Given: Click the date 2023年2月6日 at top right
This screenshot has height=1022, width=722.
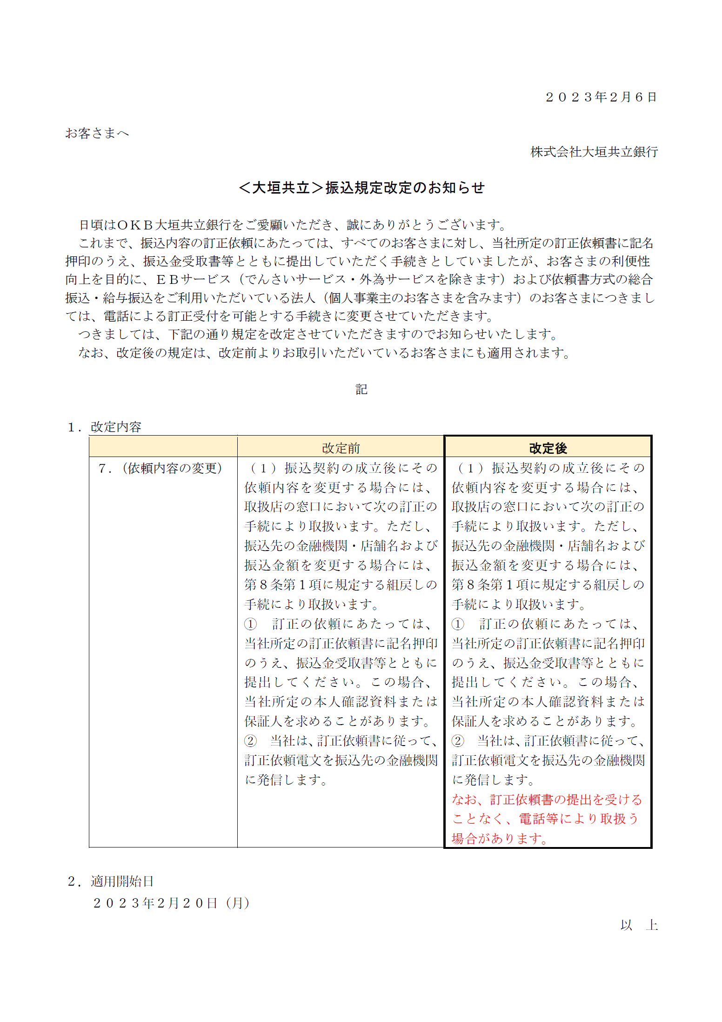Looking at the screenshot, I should [601, 97].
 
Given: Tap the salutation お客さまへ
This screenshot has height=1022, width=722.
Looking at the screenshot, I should [97, 134].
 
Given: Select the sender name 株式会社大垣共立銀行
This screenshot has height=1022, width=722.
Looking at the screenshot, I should [594, 152].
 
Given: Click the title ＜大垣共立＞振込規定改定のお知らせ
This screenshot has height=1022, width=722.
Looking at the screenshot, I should [361, 188].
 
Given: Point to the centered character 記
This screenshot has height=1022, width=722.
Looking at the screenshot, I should [361, 389].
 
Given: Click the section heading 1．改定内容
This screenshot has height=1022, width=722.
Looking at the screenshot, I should [104, 426].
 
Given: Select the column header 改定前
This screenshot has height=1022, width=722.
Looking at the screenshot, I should [341, 448].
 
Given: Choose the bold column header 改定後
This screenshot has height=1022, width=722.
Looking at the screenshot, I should [548, 448].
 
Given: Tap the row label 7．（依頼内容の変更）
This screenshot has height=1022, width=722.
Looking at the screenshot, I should [160, 468].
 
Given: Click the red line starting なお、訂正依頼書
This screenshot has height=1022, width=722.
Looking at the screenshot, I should [547, 800].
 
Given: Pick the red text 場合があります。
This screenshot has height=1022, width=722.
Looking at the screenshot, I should [500, 839].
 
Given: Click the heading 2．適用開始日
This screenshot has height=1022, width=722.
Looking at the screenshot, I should [111, 881].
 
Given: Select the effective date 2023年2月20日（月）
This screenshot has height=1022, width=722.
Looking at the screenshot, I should [171, 903].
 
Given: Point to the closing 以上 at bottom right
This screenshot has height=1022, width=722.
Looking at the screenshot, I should [638, 924].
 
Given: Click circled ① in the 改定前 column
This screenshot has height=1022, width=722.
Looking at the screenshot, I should [250, 624].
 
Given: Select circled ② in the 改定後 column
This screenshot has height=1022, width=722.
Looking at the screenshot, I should [458, 741].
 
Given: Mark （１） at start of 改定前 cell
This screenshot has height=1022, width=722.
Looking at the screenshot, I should [263, 468].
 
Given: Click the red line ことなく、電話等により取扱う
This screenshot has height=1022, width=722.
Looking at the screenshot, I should [545, 819].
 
